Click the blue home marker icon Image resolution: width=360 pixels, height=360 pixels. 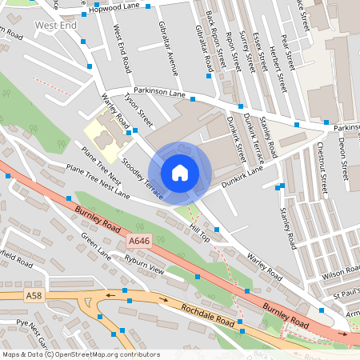(x=179, y=173)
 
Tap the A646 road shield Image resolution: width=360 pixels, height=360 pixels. (x=138, y=239)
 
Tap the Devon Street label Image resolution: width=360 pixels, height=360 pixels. (x=342, y=151)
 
